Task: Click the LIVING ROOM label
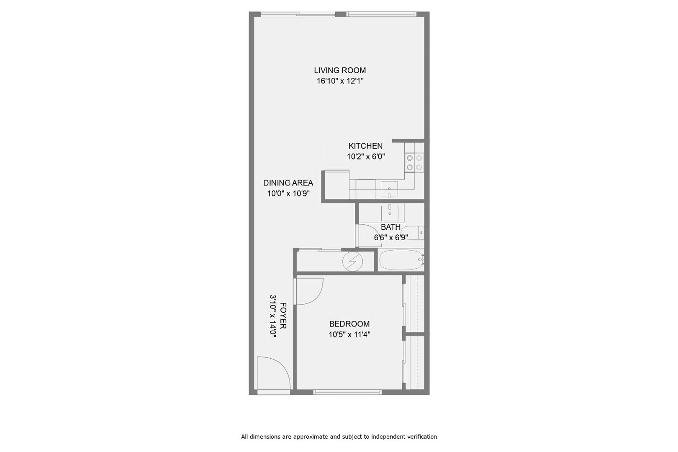click(x=339, y=70)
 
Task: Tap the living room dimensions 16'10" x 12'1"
click(x=339, y=81)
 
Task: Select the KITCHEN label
click(x=365, y=146)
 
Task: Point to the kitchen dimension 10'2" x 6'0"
click(x=366, y=157)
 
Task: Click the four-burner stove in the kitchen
click(x=414, y=162)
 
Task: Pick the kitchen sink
click(x=389, y=189)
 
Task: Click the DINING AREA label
click(x=288, y=183)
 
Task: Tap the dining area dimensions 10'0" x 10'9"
click(x=288, y=193)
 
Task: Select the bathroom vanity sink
click(x=390, y=213)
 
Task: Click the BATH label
click(x=390, y=227)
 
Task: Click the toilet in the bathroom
click(x=414, y=233)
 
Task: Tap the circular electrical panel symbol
click(x=353, y=261)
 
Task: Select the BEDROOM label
click(x=349, y=324)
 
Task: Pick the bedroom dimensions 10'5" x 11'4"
click(x=349, y=334)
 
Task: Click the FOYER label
click(x=283, y=316)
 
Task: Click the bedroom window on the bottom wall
click(x=347, y=392)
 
